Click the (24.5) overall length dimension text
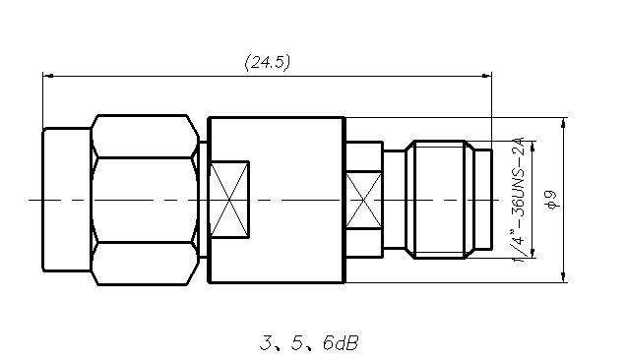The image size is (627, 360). click(x=267, y=62)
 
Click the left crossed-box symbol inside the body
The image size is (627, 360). click(x=231, y=200)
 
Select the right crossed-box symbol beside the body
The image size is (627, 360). click(x=363, y=201)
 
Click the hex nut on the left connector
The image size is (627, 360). click(x=142, y=201)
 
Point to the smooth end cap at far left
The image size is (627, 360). click(x=66, y=200)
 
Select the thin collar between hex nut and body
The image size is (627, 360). click(x=203, y=201)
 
